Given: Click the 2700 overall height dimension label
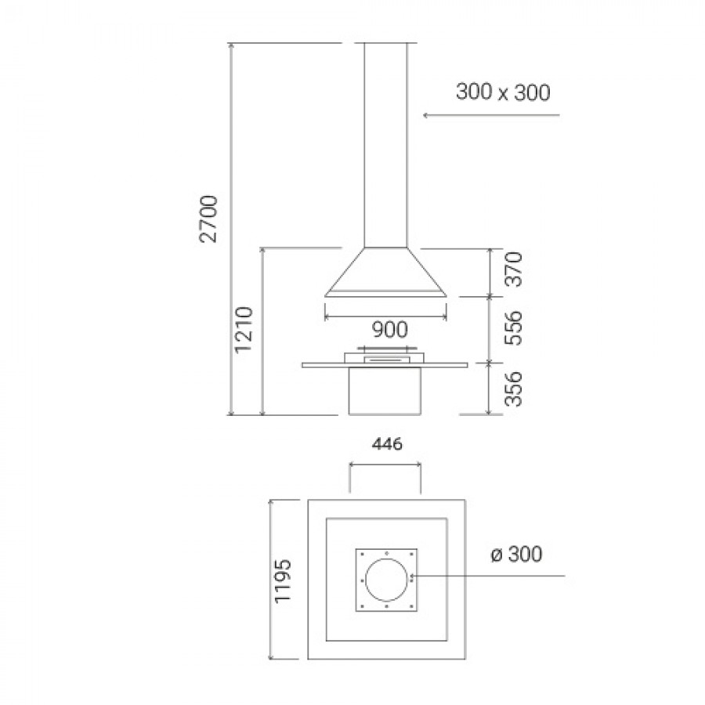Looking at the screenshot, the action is [208, 219].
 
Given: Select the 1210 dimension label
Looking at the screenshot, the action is [244, 330].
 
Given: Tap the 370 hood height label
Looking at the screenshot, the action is [513, 269].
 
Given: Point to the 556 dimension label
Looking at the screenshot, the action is [513, 327].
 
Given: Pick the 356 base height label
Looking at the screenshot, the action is [513, 389].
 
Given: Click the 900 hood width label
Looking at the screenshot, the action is [390, 330].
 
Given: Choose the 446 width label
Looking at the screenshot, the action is [387, 445].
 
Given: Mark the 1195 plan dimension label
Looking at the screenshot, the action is [284, 580].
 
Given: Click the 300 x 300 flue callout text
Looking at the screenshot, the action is [503, 92].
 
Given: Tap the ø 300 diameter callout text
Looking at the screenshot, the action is [517, 554].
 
